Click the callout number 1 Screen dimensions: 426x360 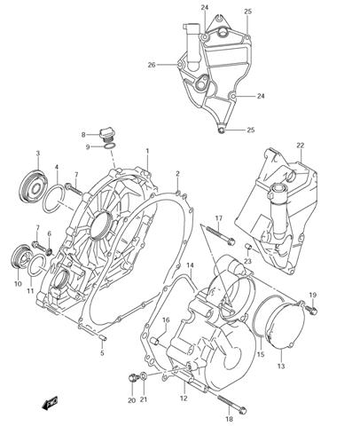(x=147, y=152)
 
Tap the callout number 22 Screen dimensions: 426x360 (x=300, y=146)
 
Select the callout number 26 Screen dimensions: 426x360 (x=152, y=65)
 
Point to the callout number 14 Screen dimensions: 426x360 (x=190, y=265)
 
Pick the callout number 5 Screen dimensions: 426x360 (x=101, y=353)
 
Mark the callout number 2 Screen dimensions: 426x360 (x=177, y=174)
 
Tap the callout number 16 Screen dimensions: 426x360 (x=165, y=319)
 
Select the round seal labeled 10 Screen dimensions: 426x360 (x=20, y=257)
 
